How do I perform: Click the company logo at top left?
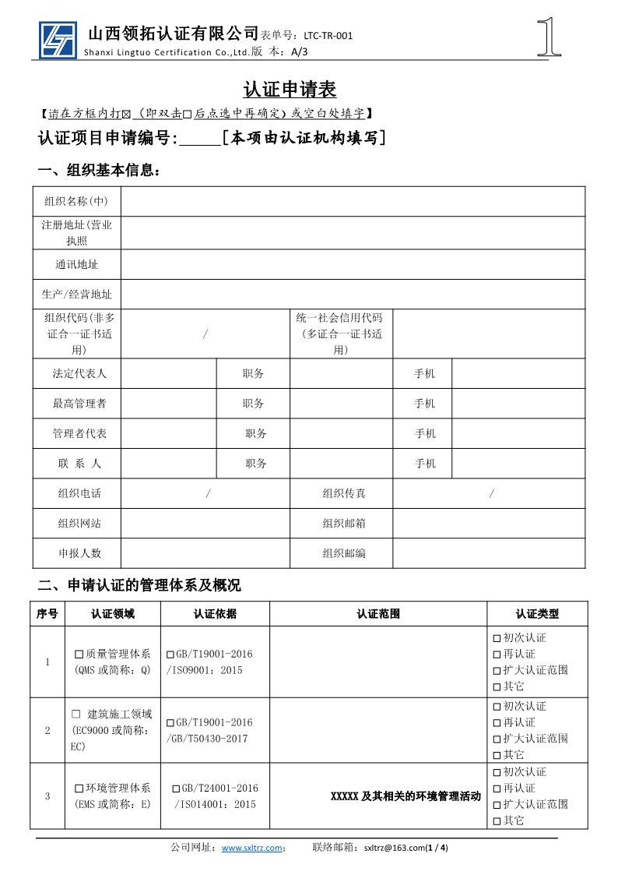(x=58, y=40)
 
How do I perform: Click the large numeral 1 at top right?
(x=550, y=37)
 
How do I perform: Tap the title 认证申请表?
(x=290, y=90)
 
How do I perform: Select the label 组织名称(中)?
(x=76, y=202)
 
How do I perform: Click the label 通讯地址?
(x=76, y=265)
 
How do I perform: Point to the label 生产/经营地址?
(x=76, y=295)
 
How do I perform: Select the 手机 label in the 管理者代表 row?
(x=425, y=434)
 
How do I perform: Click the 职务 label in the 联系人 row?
(x=256, y=464)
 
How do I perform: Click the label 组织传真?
(x=344, y=493)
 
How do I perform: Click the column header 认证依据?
(x=215, y=614)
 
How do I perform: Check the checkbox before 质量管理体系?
(x=79, y=654)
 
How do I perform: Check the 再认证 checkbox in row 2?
(x=497, y=723)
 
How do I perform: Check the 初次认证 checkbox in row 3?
(x=497, y=772)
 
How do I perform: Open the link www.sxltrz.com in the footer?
(x=251, y=848)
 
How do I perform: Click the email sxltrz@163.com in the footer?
(x=395, y=848)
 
